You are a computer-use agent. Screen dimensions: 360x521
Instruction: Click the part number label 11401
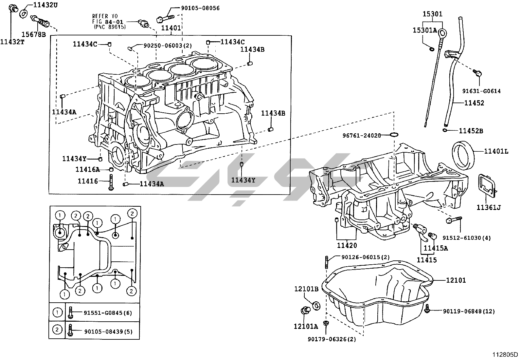point(171,28)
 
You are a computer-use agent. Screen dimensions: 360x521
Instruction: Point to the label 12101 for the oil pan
point(456,280)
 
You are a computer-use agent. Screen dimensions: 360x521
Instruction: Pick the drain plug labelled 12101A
point(305,311)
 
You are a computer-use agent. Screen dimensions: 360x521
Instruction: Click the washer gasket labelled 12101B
point(316,306)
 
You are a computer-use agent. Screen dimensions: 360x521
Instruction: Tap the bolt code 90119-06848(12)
point(469,311)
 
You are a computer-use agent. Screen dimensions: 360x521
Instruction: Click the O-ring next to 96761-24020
point(394,135)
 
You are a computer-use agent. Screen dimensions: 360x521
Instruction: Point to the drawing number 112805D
point(506,355)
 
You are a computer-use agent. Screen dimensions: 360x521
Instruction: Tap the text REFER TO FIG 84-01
point(104,19)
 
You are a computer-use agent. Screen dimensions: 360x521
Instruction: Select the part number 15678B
point(34,33)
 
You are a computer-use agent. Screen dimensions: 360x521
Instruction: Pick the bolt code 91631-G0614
point(481,91)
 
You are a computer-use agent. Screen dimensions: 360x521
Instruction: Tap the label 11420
point(347,245)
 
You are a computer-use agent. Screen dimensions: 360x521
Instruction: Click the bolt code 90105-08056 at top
point(200,8)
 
